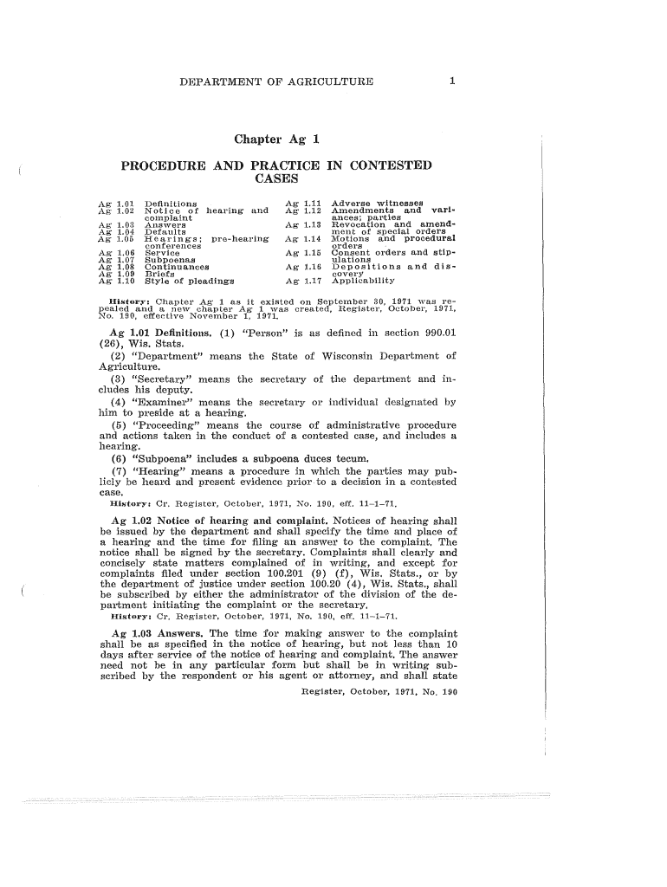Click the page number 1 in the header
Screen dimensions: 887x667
(452, 82)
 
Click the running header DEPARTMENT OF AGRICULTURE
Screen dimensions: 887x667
(275, 82)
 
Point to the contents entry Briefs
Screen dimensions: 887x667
(159, 274)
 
